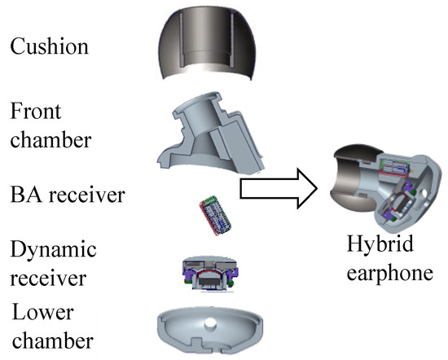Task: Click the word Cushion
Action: (x=49, y=46)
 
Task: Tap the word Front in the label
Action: (x=36, y=111)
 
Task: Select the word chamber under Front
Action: (x=51, y=139)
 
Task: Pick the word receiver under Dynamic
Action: (x=48, y=279)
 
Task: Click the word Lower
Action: (x=43, y=312)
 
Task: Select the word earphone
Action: (x=389, y=274)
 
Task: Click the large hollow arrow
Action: (x=279, y=189)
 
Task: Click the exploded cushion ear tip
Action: (x=207, y=43)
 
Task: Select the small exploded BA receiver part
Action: (x=215, y=215)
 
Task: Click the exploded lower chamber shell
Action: (x=209, y=331)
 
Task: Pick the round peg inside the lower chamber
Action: (x=211, y=324)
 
